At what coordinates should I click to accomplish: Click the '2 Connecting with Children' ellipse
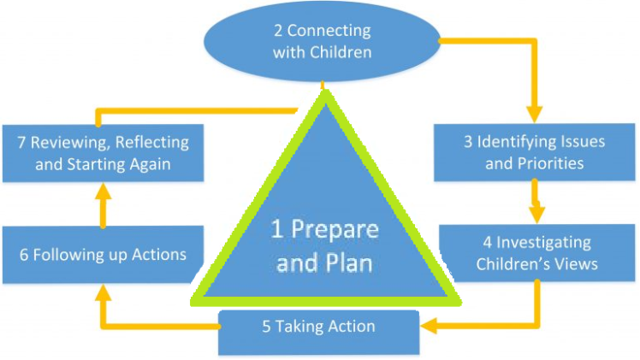[x=323, y=41]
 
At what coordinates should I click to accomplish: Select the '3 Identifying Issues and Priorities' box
[x=534, y=151]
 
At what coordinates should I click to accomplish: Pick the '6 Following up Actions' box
[x=102, y=254]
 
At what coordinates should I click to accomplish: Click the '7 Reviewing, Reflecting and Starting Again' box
[x=103, y=153]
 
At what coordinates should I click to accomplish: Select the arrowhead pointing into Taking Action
[x=431, y=325]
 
